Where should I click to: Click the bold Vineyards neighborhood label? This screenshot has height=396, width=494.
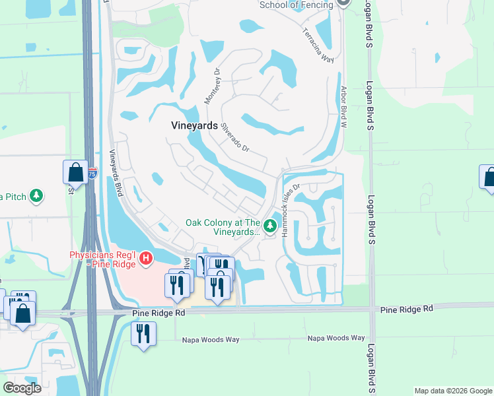tap(194, 125)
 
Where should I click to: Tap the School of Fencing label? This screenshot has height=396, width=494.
tap(297, 5)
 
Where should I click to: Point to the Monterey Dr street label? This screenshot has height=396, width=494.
tap(211, 86)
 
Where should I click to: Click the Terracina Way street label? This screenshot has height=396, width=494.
tap(318, 44)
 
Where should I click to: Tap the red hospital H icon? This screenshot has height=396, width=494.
tap(147, 258)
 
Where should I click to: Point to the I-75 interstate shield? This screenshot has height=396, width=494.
tap(92, 174)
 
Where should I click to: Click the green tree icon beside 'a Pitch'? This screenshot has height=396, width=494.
tap(38, 196)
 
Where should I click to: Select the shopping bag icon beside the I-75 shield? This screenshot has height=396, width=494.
tap(75, 173)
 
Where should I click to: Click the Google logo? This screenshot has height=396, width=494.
tap(22, 388)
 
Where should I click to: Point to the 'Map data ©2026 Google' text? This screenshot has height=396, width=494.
tap(453, 391)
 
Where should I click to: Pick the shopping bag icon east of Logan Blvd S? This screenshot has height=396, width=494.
tap(489, 178)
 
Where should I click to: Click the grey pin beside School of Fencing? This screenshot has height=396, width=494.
tap(342, 3)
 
